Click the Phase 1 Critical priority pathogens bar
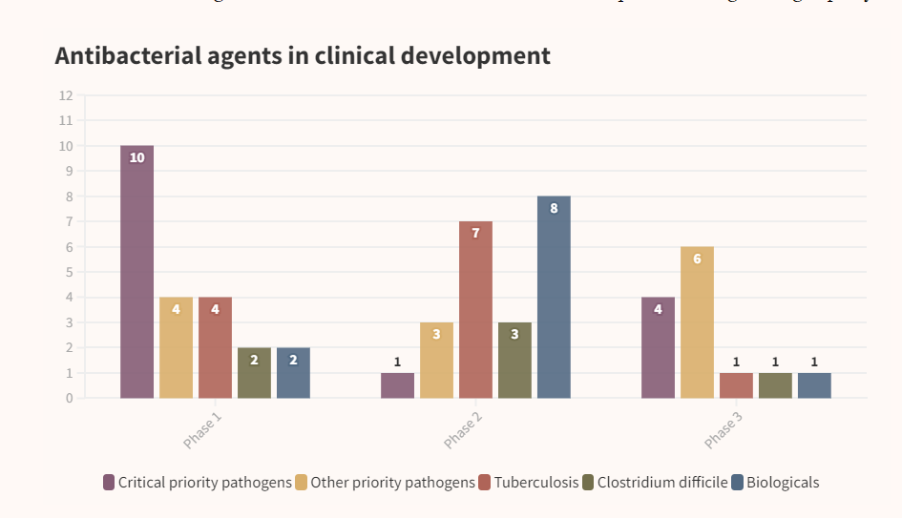136,272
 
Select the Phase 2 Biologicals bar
554,297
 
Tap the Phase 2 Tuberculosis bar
475,310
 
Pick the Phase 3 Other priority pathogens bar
697,322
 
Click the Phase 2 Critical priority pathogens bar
397,385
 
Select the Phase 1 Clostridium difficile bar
254,373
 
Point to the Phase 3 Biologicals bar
814,385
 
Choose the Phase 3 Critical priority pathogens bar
658,347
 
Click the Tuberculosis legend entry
535,483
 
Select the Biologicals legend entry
782,483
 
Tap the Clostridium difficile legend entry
661,483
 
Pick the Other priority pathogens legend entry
391,483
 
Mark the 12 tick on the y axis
66,95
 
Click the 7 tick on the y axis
69,221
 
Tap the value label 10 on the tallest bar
136,158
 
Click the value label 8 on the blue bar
554,209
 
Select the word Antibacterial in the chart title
128,55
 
